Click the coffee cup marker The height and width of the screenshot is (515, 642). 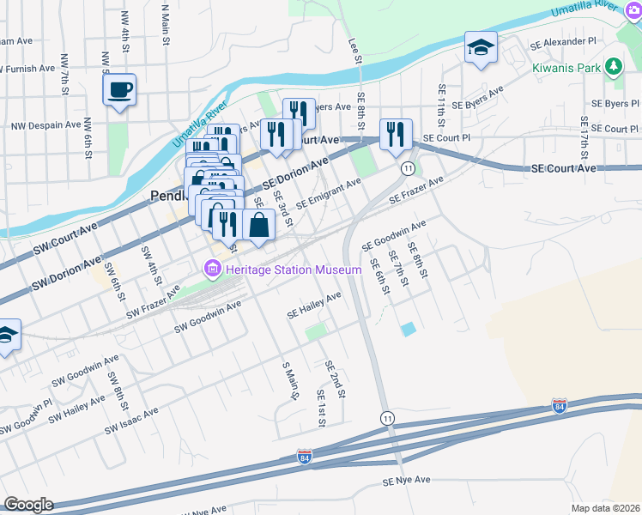(119, 89)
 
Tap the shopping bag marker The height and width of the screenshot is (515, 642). (258, 225)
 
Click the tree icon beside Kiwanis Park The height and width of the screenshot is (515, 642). (613, 66)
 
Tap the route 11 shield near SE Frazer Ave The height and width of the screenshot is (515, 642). (408, 167)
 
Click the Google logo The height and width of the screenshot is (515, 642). (27, 505)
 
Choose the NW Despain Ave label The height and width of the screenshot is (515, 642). (45, 125)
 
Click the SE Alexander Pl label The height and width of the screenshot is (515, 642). (562, 41)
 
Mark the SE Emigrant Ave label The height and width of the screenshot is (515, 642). (328, 195)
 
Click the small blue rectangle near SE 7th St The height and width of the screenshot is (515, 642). (407, 328)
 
